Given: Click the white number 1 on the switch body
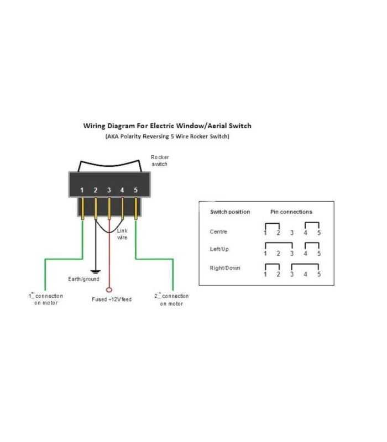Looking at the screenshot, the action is [x=82, y=190].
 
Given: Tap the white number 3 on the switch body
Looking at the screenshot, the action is [x=109, y=190].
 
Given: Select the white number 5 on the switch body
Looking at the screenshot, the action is [x=135, y=190].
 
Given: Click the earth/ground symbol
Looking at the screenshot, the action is [x=96, y=272].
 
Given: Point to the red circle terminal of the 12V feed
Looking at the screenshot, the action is [x=109, y=290].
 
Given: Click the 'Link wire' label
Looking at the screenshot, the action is [x=122, y=234].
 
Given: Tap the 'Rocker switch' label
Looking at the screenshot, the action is [x=160, y=161].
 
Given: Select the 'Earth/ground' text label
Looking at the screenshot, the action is [x=83, y=279].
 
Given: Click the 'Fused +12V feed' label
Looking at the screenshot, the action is [x=112, y=299].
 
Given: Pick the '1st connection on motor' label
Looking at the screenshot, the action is [x=46, y=299].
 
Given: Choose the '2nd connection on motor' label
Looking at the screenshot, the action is [x=171, y=299].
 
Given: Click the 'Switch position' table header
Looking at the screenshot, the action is [x=230, y=212].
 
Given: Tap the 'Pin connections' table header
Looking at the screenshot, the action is [x=291, y=212].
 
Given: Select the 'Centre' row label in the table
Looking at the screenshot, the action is [x=218, y=231].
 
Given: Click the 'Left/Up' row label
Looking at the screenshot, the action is [x=219, y=249].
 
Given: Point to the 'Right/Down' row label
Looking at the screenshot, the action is [x=225, y=268].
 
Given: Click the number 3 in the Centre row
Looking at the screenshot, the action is [x=292, y=233].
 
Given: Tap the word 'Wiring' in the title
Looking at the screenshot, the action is [x=94, y=126].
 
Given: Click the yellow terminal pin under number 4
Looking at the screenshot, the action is [x=122, y=209].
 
